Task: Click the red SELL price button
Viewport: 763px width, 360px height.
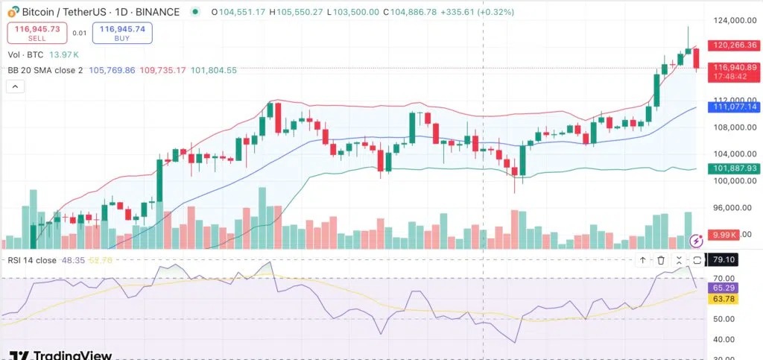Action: click(x=36, y=32)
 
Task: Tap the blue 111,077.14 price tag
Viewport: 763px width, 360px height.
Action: click(x=729, y=107)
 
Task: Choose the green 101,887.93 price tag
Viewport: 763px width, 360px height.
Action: click(x=729, y=168)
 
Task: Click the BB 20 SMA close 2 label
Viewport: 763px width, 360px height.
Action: click(x=45, y=70)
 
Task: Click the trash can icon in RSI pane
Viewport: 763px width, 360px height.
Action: click(x=661, y=260)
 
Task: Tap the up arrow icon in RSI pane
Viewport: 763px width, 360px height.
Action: click(x=642, y=260)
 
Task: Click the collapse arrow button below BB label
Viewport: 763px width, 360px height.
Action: click(x=15, y=86)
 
